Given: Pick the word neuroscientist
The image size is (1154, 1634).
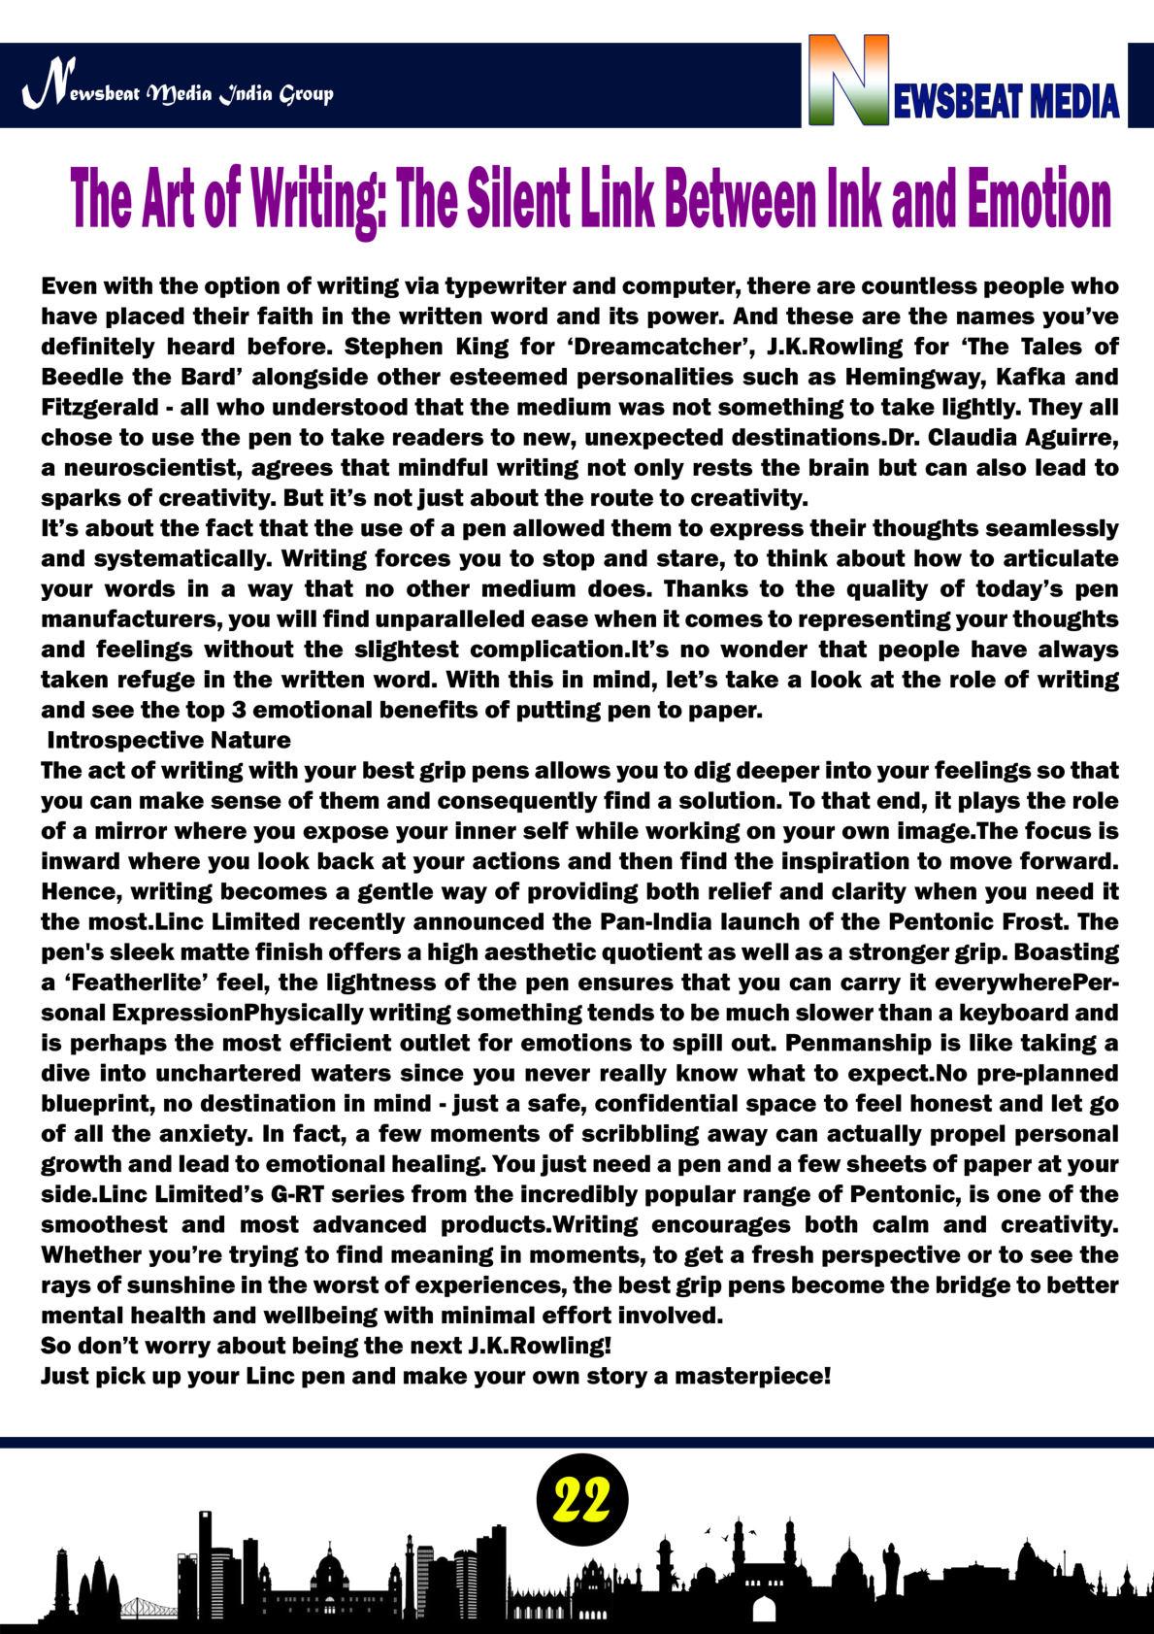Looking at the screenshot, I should click(x=147, y=468).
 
